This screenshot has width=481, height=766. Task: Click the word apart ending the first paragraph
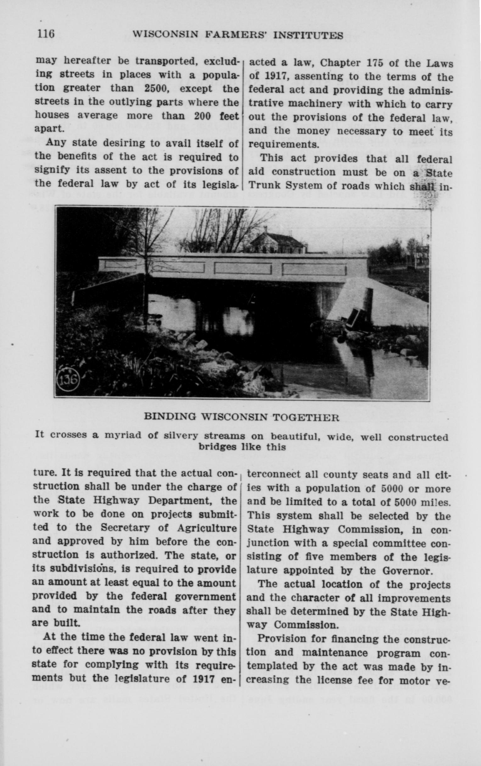(x=49, y=129)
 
